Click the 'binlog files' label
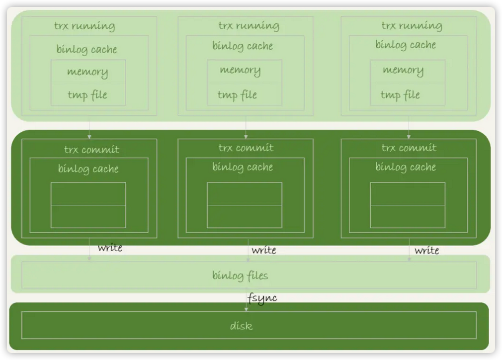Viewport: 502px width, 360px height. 241,275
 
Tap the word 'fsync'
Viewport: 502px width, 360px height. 262,298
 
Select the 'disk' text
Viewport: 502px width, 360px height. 241,326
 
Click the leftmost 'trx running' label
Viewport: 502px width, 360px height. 84,26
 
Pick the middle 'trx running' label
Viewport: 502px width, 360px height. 249,25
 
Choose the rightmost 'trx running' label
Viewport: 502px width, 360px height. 412,25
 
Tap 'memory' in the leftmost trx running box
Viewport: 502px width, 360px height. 87,72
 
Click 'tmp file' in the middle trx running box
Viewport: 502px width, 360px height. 237,94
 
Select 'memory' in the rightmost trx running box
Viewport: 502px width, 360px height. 403,70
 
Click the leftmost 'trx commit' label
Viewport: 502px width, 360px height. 91,149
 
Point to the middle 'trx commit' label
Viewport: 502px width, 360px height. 246,148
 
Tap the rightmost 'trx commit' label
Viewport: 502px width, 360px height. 409,148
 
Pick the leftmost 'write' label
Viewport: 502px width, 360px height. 110,248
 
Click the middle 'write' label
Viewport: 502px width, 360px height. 263,250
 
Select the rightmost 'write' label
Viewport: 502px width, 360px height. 426,250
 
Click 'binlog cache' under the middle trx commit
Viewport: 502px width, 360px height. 243,167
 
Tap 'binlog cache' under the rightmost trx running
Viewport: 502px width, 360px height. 406,45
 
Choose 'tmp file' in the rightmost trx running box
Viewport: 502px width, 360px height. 400,94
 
